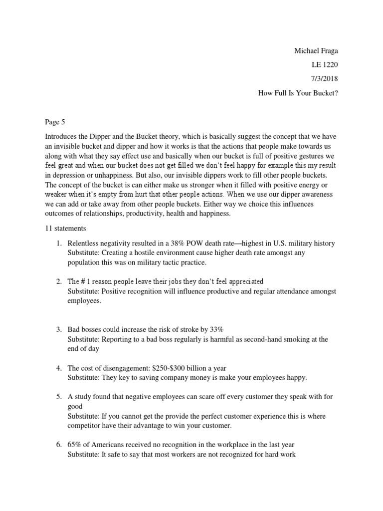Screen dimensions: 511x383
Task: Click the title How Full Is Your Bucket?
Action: click(298, 92)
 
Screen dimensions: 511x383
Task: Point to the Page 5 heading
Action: click(55, 121)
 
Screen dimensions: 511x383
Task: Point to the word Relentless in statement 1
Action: click(85, 244)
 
